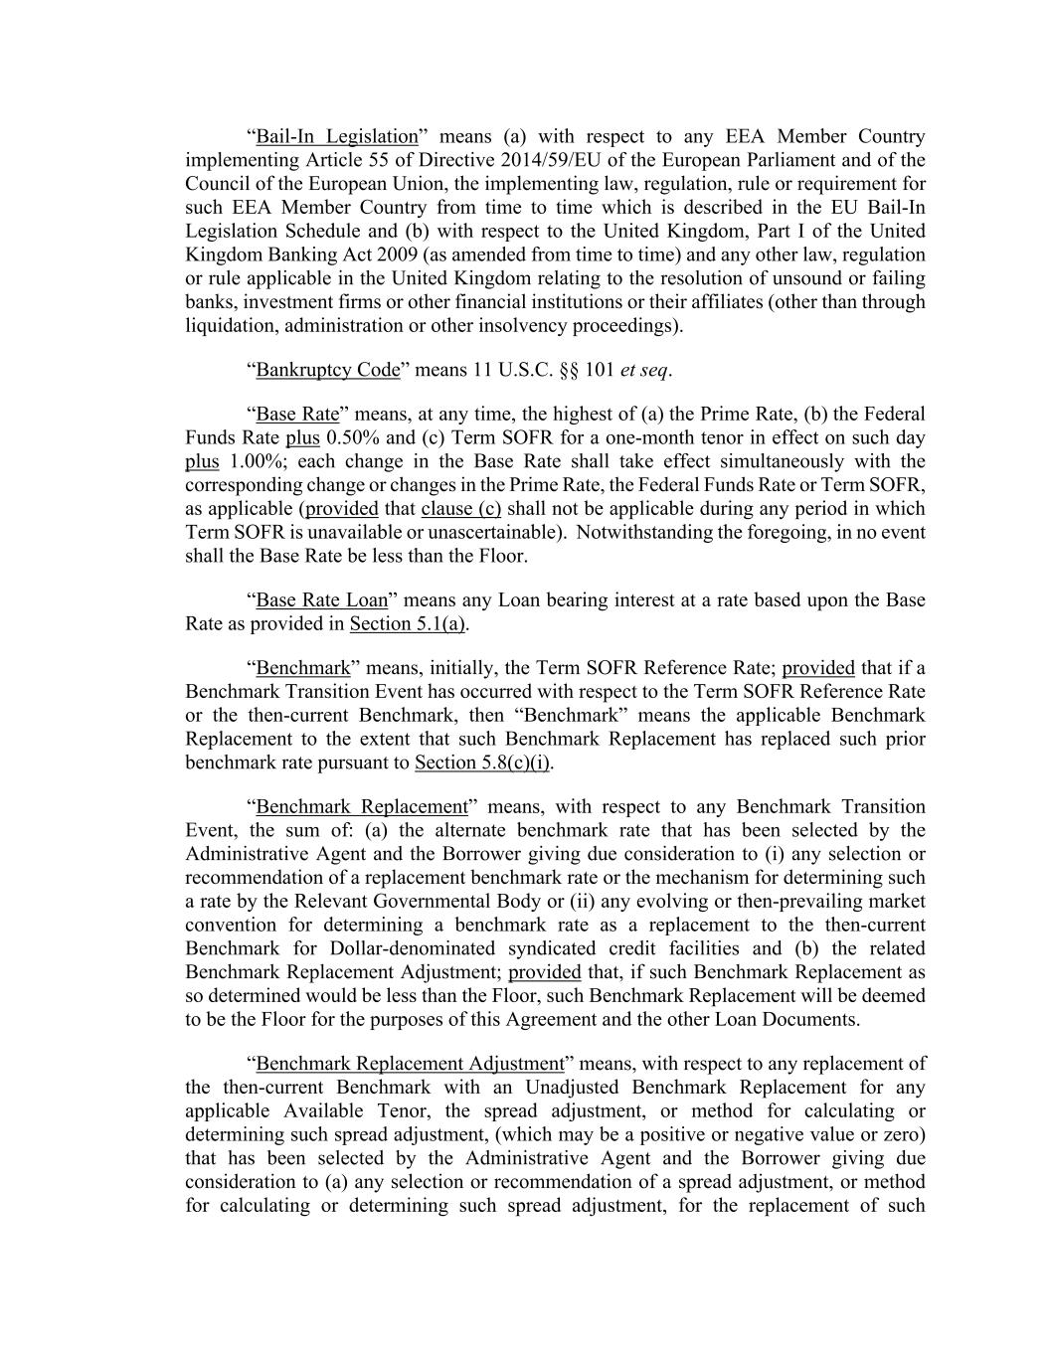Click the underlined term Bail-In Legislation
[x=337, y=136]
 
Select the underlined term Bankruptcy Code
[x=328, y=370]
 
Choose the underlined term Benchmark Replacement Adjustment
[x=410, y=1064]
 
